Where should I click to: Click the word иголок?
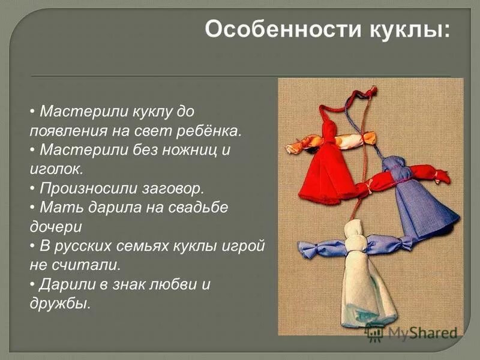pyautogui.click(x=56, y=168)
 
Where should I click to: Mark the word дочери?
pyautogui.click(x=56, y=226)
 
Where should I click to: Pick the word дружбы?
pyautogui.click(x=60, y=303)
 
